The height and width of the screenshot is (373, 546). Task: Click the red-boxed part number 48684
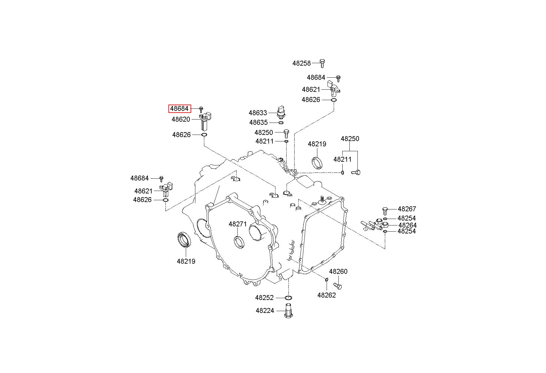point(180,109)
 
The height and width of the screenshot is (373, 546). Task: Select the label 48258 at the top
point(302,63)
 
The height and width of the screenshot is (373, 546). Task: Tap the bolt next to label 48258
point(322,63)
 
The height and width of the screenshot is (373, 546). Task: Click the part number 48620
point(181,119)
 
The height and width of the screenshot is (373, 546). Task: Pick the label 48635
point(259,123)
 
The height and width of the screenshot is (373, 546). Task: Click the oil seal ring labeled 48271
point(239,242)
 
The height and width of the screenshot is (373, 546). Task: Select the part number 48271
point(238,224)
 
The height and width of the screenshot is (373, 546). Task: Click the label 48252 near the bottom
point(264,298)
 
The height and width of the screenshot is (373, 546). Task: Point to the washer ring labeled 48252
point(288,298)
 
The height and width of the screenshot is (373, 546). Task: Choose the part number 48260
point(338,272)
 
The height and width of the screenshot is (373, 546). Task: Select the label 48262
point(327,295)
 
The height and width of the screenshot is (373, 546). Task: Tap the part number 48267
point(407,209)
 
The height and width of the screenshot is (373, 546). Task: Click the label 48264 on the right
point(407,225)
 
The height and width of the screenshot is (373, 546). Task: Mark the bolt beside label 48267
point(385,211)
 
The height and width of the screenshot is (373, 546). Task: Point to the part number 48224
point(265,311)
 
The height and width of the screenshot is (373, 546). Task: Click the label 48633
point(258,113)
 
